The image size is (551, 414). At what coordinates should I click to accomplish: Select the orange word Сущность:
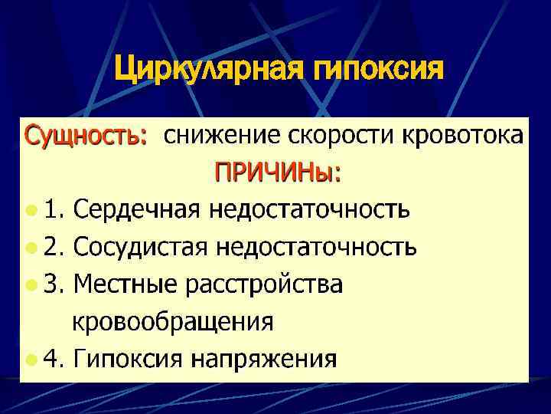(x=86, y=136)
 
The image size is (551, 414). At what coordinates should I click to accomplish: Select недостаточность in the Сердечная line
(x=313, y=209)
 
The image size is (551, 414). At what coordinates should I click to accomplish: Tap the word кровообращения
(x=173, y=321)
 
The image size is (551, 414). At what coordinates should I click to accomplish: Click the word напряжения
(x=264, y=358)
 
